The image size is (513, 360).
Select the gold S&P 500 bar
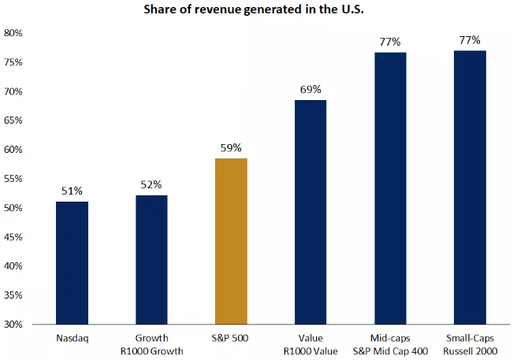tap(231, 241)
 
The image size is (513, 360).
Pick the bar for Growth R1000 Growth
tap(151, 259)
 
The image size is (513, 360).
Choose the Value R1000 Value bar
tap(310, 212)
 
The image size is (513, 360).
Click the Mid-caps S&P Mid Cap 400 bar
tap(390, 188)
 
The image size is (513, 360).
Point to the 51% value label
tap(72, 191)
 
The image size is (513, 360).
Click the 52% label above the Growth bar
tap(151, 184)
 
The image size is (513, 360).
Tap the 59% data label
tap(231, 147)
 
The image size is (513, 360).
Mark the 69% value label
tap(310, 89)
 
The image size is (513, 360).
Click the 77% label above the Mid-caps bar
tap(390, 42)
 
